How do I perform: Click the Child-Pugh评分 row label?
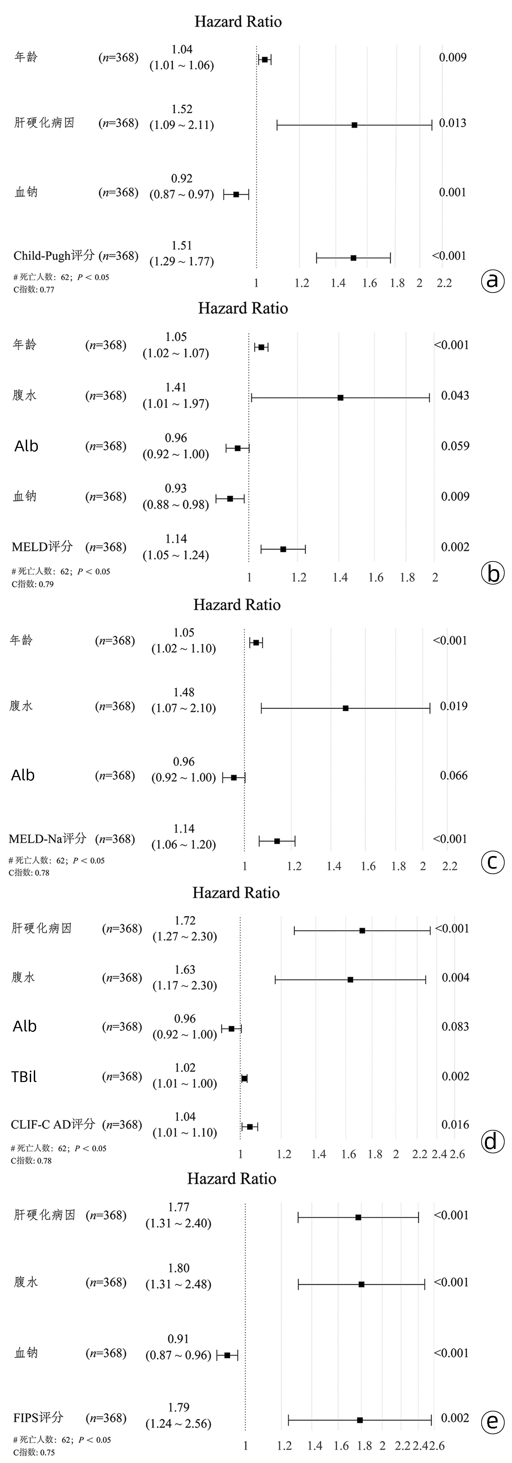pyautogui.click(x=54, y=255)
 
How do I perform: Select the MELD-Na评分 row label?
pyautogui.click(x=48, y=838)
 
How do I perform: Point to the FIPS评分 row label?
pyautogui.click(x=38, y=1417)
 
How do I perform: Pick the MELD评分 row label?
pyautogui.click(x=42, y=546)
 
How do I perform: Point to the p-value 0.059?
pyautogui.click(x=455, y=446)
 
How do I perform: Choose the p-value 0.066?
pyautogui.click(x=454, y=775)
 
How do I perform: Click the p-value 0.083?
pyautogui.click(x=455, y=1026)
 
